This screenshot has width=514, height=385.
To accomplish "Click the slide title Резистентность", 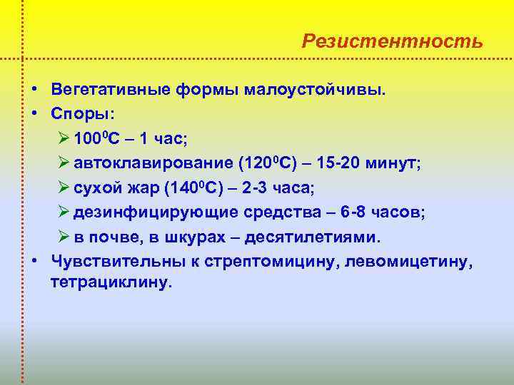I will [392, 41].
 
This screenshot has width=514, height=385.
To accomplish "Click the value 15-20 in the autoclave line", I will [336, 163].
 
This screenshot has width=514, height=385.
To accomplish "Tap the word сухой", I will [95, 188].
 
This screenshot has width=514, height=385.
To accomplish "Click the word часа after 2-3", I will [291, 188].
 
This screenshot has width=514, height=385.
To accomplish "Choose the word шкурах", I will [186, 236].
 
